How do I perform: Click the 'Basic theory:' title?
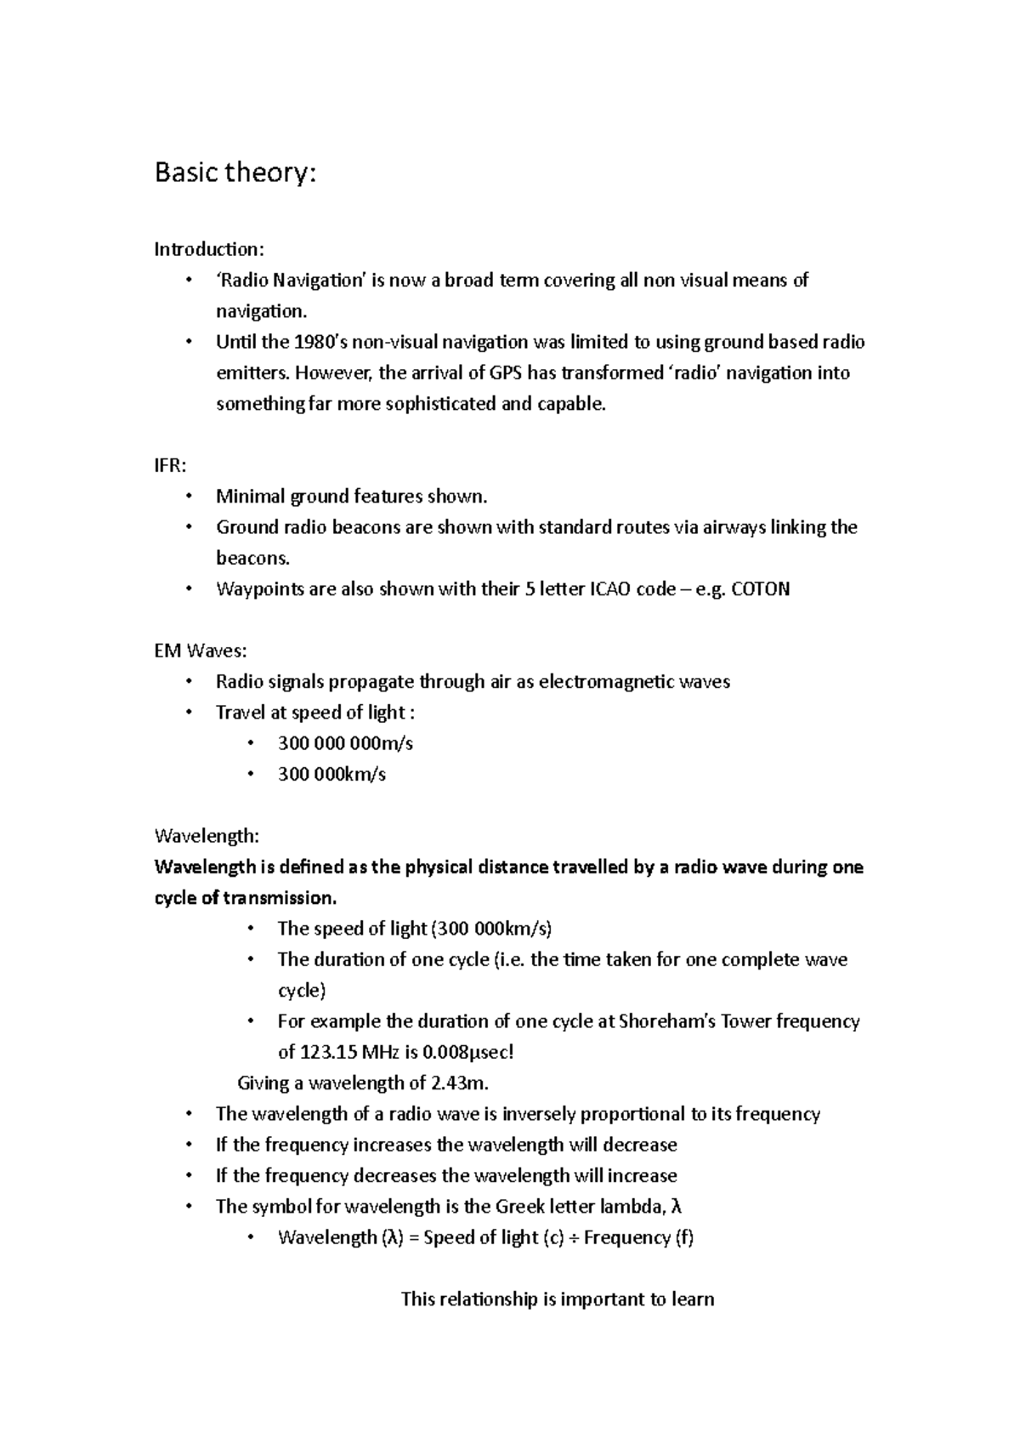(235, 173)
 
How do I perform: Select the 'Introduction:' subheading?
(209, 249)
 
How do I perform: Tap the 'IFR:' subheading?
(170, 465)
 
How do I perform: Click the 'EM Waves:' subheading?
(201, 651)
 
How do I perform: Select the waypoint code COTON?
(760, 589)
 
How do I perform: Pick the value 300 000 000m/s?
(345, 743)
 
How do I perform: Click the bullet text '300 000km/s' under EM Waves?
(331, 775)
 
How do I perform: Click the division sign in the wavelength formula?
(574, 1238)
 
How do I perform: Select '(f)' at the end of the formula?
(684, 1238)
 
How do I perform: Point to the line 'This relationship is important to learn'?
(557, 1299)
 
